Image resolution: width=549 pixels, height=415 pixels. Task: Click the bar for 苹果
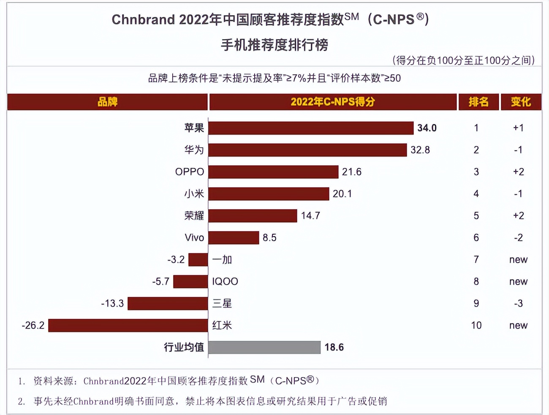310,128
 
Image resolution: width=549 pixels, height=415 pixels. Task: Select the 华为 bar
307,150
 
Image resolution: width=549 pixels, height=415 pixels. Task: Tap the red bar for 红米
128,326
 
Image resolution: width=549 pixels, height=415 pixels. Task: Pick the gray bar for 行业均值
264,348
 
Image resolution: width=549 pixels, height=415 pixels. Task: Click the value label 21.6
352,172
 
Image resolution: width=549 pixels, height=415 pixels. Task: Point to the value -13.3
112,304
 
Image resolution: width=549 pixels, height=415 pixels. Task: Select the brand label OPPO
190,172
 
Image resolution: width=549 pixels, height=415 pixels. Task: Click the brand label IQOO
225,282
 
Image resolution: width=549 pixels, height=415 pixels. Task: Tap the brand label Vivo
194,238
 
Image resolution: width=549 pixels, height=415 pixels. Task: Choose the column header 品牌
107,102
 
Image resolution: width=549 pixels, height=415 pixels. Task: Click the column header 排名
478,102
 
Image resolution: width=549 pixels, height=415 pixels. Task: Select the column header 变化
521,102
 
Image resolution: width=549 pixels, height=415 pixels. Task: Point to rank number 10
476,326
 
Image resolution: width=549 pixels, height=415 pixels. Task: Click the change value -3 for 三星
519,304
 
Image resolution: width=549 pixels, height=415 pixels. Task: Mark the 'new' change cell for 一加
519,260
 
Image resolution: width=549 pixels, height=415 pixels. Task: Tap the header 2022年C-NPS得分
333,102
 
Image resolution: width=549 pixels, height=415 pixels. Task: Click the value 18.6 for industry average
334,348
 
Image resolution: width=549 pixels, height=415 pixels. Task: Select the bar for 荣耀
253,216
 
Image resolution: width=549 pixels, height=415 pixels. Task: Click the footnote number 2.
21,402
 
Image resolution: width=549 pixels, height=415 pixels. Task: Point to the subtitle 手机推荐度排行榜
274,45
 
